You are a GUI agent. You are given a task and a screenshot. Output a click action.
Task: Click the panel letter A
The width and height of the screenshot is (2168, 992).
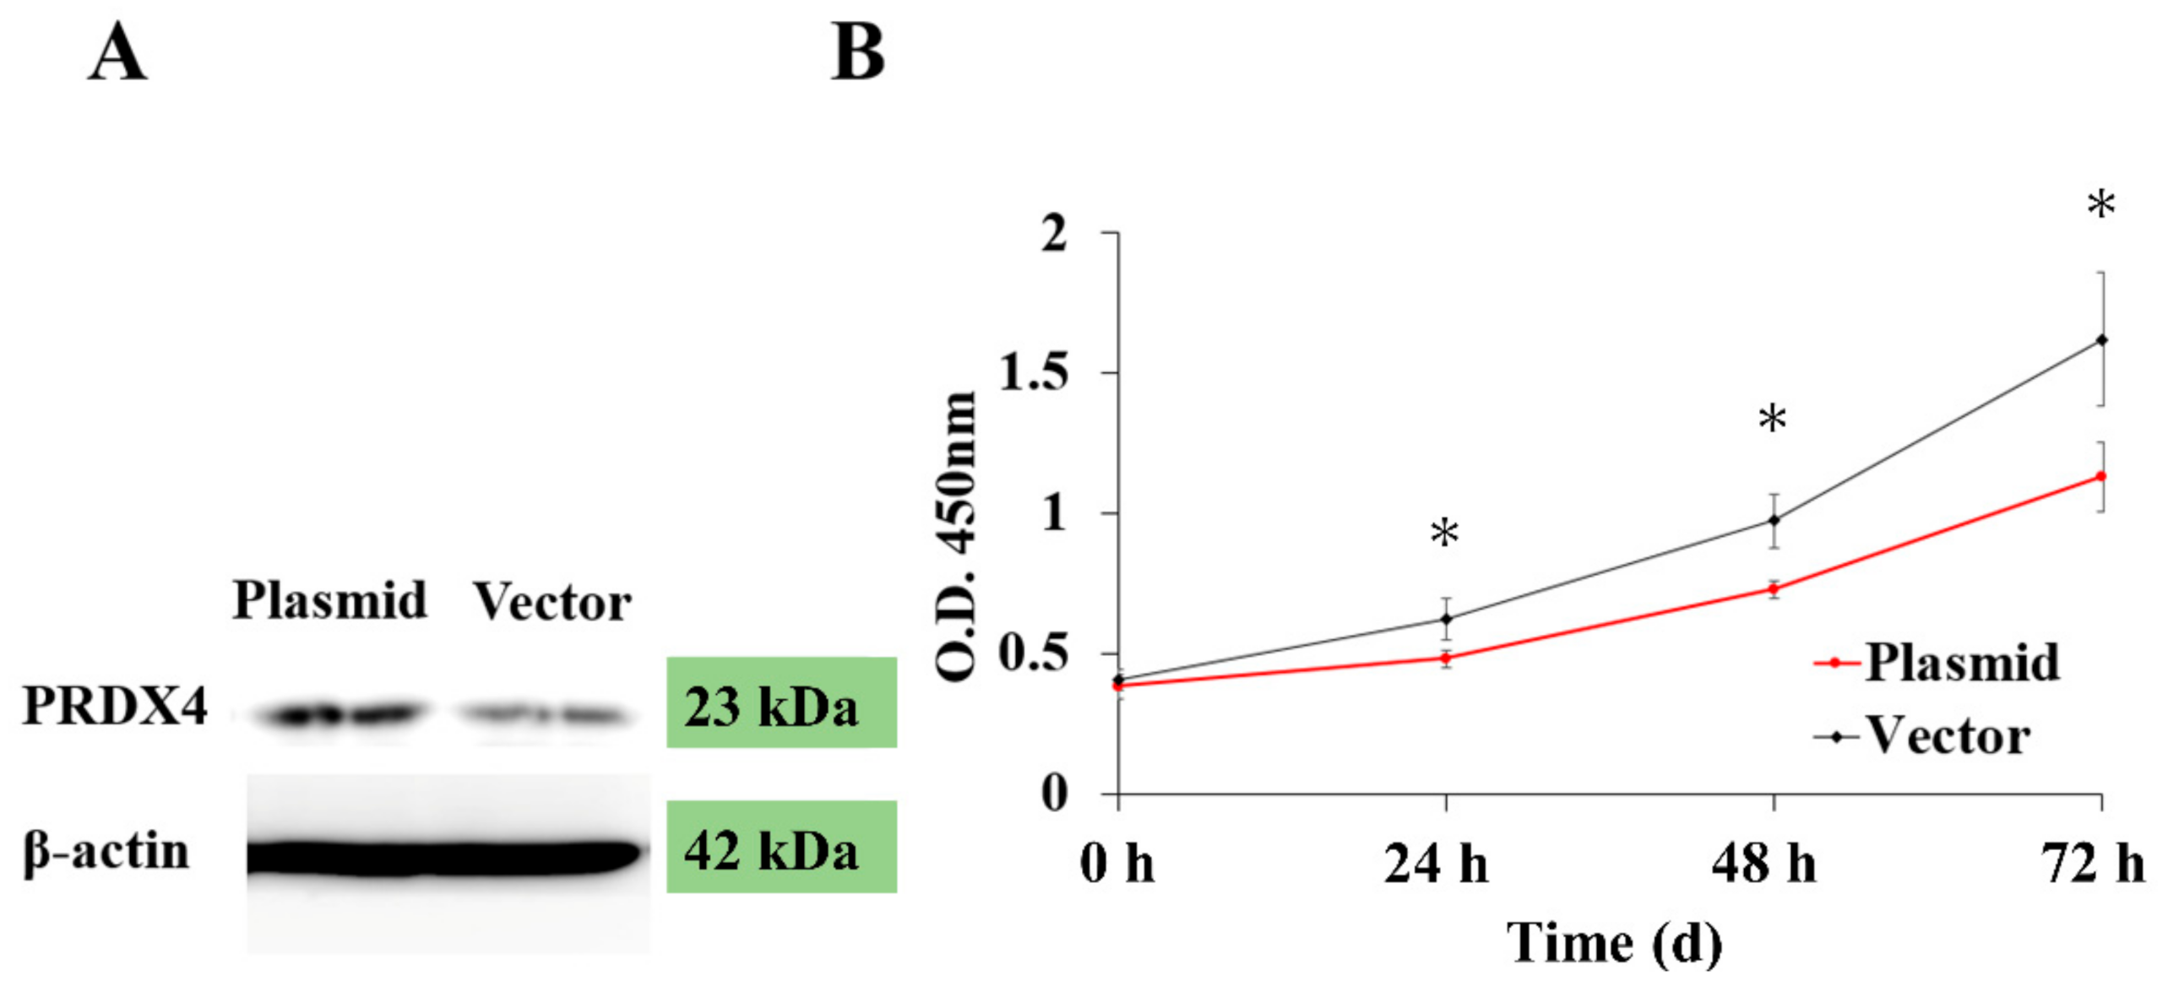click(117, 53)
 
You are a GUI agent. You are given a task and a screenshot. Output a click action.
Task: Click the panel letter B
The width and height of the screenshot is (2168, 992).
click(857, 53)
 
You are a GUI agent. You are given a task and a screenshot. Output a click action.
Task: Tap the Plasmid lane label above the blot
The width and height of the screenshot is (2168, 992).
click(329, 601)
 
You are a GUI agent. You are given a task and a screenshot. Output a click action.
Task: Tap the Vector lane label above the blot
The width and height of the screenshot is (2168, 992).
click(552, 603)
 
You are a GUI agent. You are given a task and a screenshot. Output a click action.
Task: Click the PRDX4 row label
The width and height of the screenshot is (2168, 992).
click(114, 706)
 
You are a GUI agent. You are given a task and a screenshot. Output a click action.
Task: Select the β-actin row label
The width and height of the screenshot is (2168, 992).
click(106, 852)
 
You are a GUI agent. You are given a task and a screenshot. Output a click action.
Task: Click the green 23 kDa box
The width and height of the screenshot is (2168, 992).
click(780, 703)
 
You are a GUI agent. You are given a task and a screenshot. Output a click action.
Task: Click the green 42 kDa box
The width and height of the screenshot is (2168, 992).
click(780, 848)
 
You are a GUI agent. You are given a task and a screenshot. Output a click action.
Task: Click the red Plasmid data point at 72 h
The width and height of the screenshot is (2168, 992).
click(2101, 477)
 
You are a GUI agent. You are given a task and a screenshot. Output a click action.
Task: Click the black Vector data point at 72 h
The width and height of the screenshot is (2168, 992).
click(2101, 340)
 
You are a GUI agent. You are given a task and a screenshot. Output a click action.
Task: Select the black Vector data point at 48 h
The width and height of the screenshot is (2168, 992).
click(1774, 520)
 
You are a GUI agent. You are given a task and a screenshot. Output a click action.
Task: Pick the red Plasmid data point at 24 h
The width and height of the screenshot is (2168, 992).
click(1446, 658)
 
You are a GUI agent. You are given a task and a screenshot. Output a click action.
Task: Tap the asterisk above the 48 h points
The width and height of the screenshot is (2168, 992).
click(1772, 418)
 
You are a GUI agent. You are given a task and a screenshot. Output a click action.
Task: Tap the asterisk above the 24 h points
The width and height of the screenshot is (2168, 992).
click(1444, 533)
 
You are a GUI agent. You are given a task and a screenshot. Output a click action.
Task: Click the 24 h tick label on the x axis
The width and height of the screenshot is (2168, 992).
click(1436, 865)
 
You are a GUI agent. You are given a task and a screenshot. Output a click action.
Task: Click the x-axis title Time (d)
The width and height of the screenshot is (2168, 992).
click(1614, 944)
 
